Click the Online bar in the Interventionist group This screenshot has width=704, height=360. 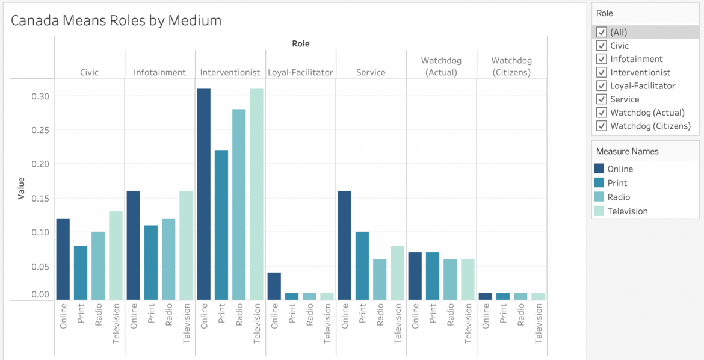(204, 194)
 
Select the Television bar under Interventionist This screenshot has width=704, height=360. (256, 194)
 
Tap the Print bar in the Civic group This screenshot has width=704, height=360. (81, 272)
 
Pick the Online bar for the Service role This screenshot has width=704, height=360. (345, 245)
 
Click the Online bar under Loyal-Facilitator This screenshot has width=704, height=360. (274, 286)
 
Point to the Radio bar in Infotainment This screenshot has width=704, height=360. (168, 259)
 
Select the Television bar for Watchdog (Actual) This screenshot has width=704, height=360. (468, 279)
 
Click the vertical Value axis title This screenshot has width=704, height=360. (21, 188)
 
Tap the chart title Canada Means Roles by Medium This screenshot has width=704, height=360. (116, 20)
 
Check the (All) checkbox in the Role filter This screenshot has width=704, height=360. (601, 32)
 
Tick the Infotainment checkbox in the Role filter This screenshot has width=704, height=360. (601, 59)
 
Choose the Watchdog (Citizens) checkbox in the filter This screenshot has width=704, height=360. (601, 126)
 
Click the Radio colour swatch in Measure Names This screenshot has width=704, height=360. (599, 197)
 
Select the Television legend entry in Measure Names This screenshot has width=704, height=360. (627, 211)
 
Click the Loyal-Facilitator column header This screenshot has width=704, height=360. (300, 72)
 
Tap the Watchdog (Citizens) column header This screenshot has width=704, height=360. (511, 66)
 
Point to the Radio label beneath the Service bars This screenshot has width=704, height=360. (380, 317)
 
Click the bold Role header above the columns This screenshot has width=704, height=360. (300, 43)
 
